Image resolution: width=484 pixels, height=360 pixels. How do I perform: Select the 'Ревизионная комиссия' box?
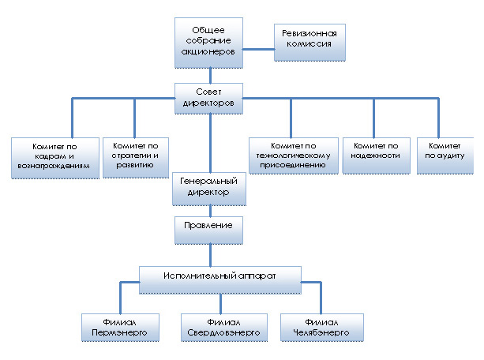point(310,44)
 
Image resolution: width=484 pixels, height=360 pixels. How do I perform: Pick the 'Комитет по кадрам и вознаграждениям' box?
point(54,158)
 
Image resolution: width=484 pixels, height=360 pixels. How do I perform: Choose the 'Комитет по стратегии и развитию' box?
point(136,158)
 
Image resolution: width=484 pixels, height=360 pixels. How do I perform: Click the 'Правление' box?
point(208,228)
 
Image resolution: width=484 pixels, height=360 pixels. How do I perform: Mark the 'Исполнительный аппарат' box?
point(220,277)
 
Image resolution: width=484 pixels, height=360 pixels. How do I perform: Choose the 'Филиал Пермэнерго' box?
point(119,328)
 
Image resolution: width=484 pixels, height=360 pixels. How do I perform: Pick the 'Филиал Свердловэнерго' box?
point(221,328)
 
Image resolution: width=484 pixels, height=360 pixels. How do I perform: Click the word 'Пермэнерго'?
point(119,332)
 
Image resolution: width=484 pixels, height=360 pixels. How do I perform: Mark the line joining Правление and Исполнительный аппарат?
point(210,254)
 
